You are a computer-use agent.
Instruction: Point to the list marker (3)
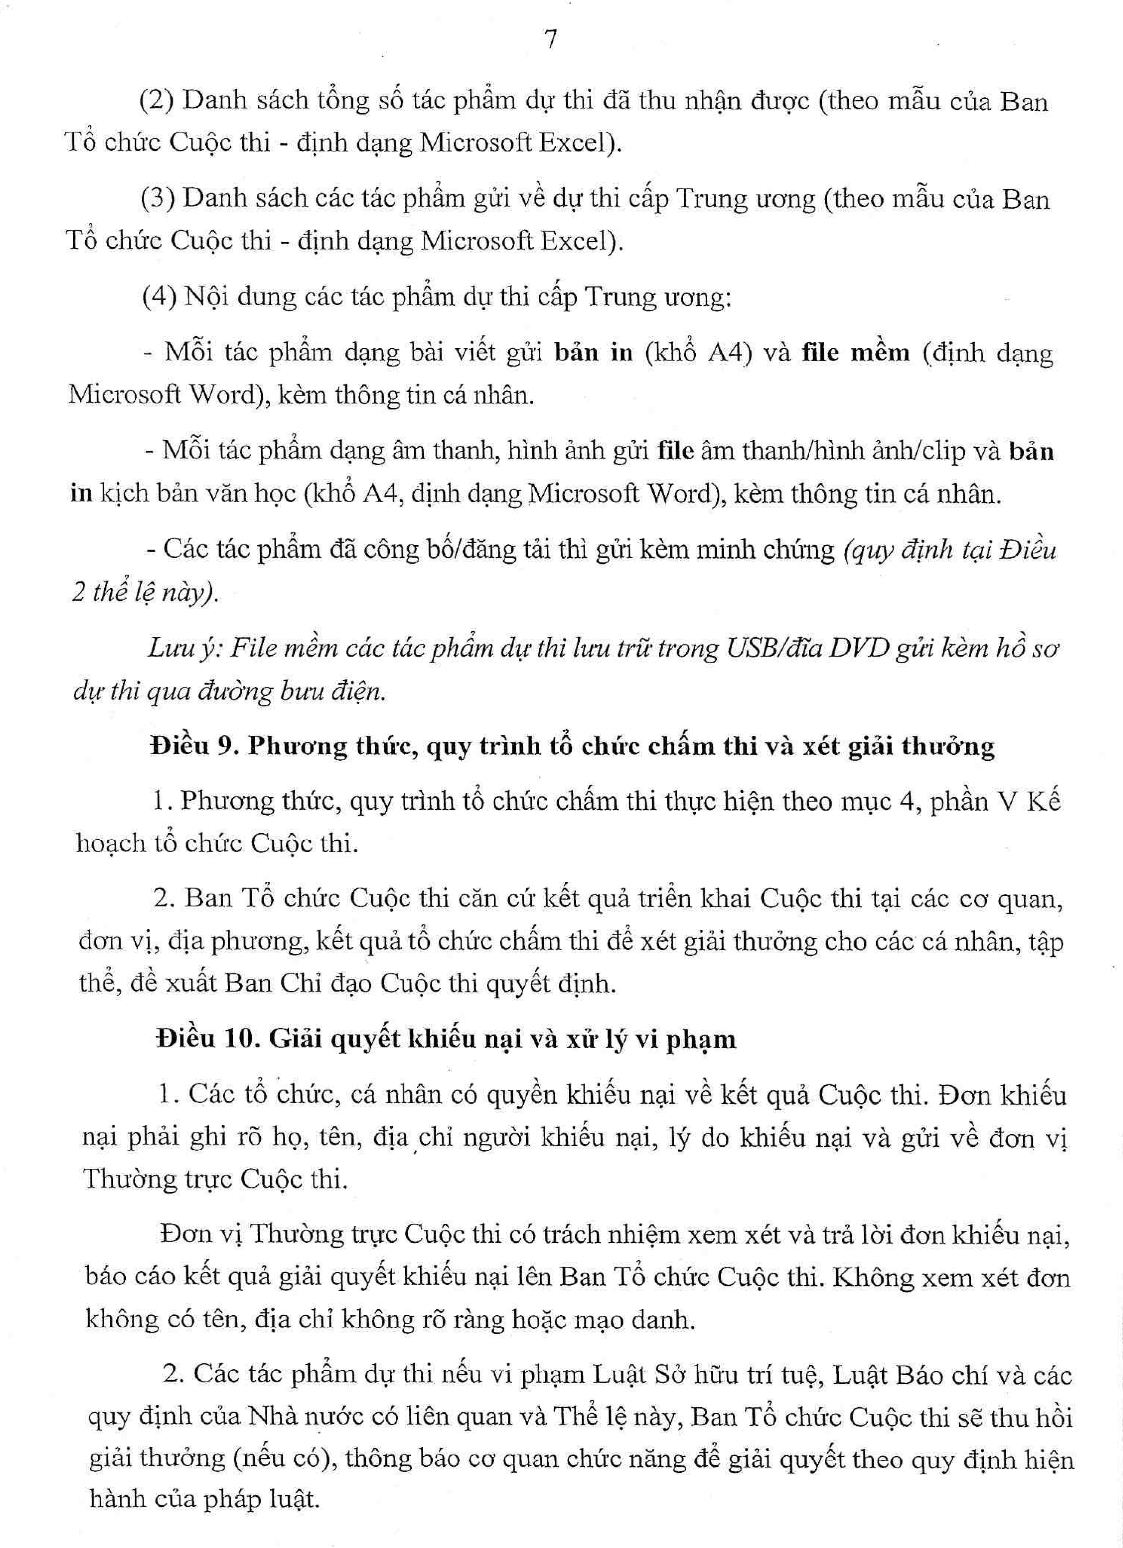point(158,199)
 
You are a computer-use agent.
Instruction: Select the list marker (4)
point(159,298)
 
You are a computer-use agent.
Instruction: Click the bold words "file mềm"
point(855,354)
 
